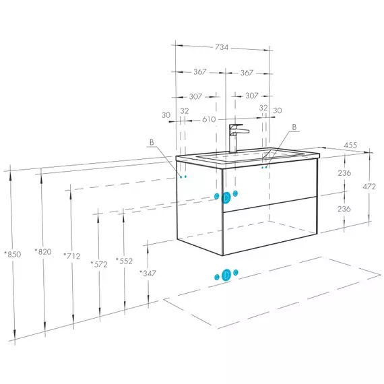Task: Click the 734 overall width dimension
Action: [x=222, y=47]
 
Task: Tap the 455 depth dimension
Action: [x=350, y=146]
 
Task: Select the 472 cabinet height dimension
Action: [x=369, y=187]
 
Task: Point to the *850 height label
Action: [x=13, y=254]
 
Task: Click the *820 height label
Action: [x=43, y=252]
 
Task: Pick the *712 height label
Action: [x=72, y=256]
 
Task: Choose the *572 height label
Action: [x=99, y=265]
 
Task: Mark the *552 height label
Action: [x=124, y=261]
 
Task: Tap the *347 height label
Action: [x=148, y=273]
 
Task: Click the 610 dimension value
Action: [x=209, y=119]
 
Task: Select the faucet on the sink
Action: [x=238, y=138]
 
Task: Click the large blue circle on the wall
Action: [x=226, y=197]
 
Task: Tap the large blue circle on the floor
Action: [x=226, y=275]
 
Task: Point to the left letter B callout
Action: [x=152, y=142]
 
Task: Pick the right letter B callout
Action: [x=294, y=127]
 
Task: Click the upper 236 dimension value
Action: [x=344, y=173]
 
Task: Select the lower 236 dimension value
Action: [x=344, y=209]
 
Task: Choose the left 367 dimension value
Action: [x=200, y=72]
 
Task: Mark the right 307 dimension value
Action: [x=252, y=96]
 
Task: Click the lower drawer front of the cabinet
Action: [x=270, y=226]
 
